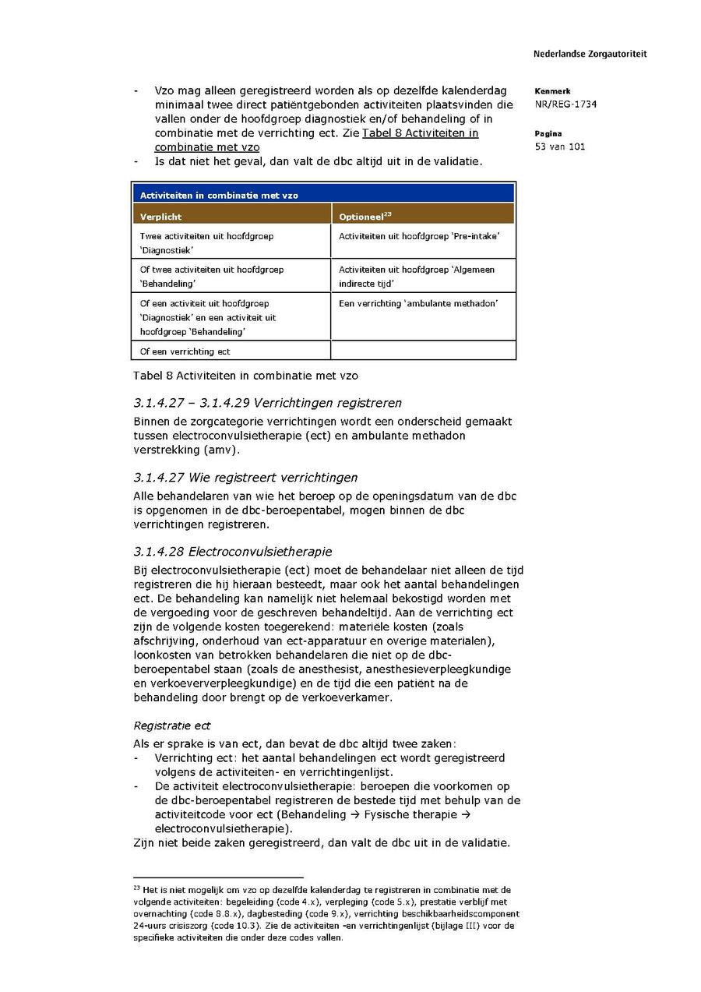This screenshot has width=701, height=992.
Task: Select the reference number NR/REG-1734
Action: [x=565, y=104]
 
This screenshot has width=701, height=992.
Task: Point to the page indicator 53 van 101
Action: [x=560, y=147]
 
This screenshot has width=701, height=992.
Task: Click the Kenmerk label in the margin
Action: [x=552, y=91]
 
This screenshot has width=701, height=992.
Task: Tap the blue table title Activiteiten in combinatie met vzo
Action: [x=219, y=195]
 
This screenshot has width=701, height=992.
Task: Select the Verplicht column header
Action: [x=161, y=216]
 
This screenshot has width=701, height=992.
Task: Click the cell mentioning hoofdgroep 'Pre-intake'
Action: [x=419, y=235]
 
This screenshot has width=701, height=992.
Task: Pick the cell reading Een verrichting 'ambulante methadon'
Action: [x=418, y=303]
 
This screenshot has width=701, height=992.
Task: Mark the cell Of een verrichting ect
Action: [x=185, y=351]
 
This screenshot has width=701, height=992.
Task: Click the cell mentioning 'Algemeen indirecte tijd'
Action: [x=416, y=276]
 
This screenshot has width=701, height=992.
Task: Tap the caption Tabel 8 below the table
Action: [x=245, y=376]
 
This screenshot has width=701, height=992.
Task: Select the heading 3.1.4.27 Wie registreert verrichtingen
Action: [x=245, y=477]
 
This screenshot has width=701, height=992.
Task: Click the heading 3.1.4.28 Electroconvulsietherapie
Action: [x=232, y=552]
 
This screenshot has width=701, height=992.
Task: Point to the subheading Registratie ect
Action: [x=172, y=725]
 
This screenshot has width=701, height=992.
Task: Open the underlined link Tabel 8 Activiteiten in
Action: [x=420, y=133]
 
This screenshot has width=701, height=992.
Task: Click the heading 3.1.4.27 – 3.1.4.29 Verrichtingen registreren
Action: [x=267, y=403]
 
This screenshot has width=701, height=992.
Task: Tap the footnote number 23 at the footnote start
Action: [x=136, y=888]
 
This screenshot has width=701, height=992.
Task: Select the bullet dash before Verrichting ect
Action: [x=137, y=758]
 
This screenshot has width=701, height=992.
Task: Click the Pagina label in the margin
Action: [x=548, y=134]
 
